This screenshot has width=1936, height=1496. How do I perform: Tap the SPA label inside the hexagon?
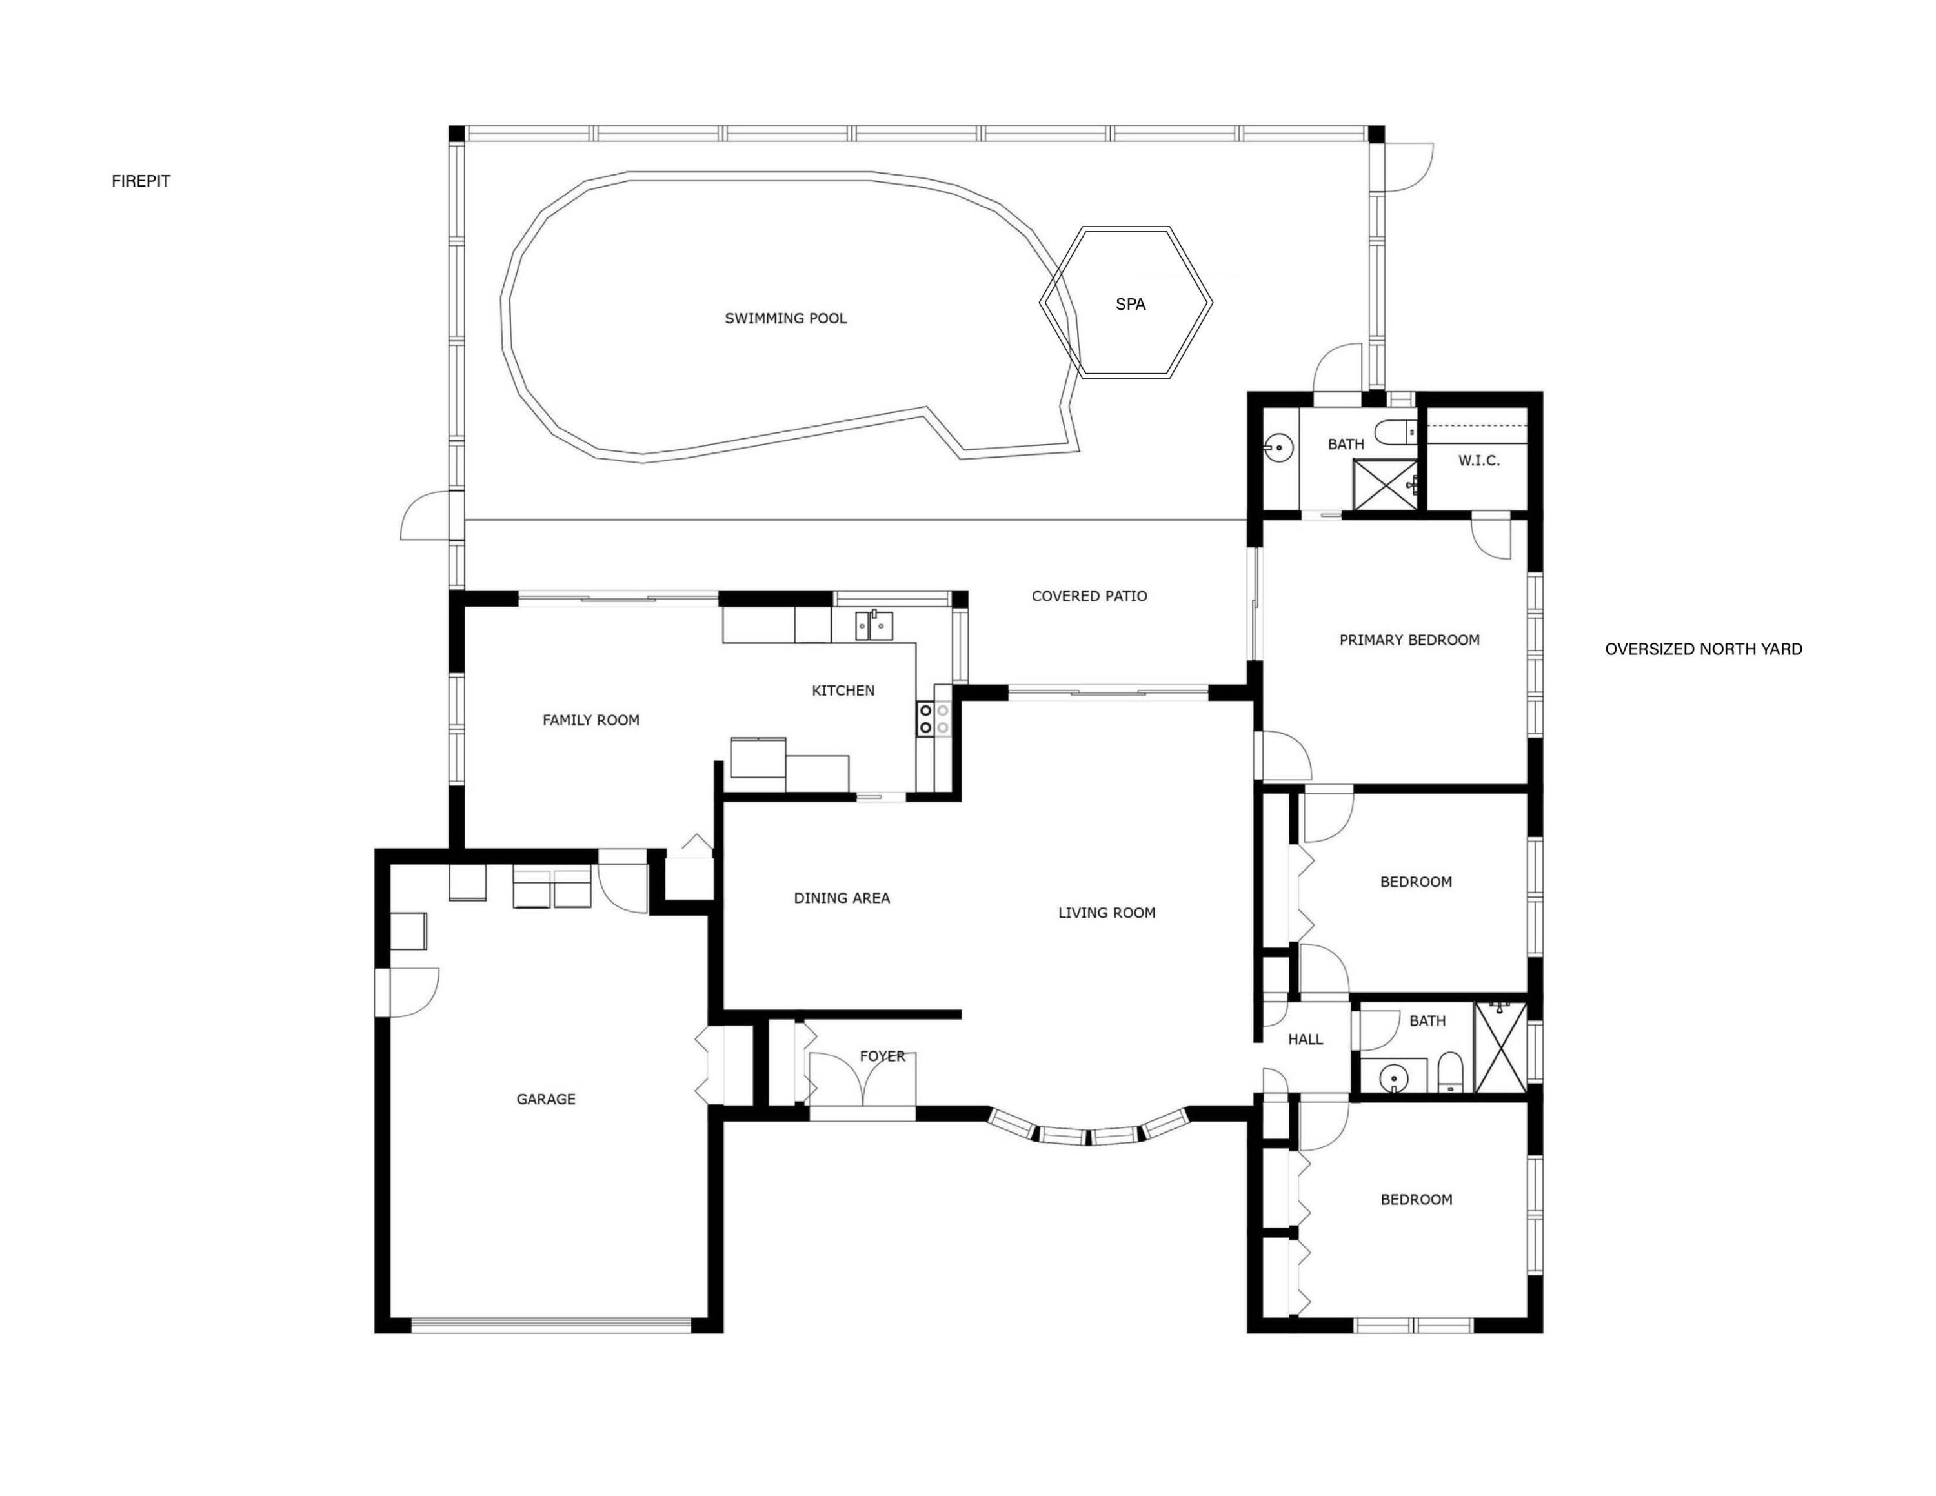pyautogui.click(x=1130, y=305)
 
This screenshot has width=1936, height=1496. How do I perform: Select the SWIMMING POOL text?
pyautogui.click(x=785, y=319)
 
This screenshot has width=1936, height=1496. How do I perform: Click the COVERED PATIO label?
pyautogui.click(x=1089, y=596)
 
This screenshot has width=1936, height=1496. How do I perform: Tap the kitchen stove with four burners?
pyautogui.click(x=933, y=719)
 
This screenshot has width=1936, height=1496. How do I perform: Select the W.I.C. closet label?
pyautogui.click(x=1478, y=461)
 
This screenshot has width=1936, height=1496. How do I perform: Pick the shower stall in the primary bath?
pyautogui.click(x=1384, y=485)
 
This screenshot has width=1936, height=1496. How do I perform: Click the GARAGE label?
pyautogui.click(x=546, y=1100)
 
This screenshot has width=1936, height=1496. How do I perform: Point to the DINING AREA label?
pyautogui.click(x=842, y=898)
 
